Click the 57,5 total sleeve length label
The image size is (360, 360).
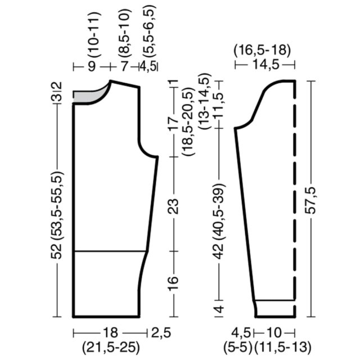pyautogui.click(x=311, y=200)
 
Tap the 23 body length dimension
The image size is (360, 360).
pyautogui.click(x=173, y=206)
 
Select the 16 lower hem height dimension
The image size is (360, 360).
pyautogui.click(x=173, y=283)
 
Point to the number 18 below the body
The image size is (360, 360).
pyautogui.click(x=111, y=332)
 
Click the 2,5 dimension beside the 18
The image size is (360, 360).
pyautogui.click(x=161, y=332)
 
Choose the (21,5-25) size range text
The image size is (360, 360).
pyautogui.click(x=111, y=348)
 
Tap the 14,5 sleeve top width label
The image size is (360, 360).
pyautogui.click(x=266, y=65)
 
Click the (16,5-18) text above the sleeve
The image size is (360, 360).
pyautogui.click(x=262, y=50)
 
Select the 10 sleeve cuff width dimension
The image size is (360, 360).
pyautogui.click(x=274, y=332)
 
